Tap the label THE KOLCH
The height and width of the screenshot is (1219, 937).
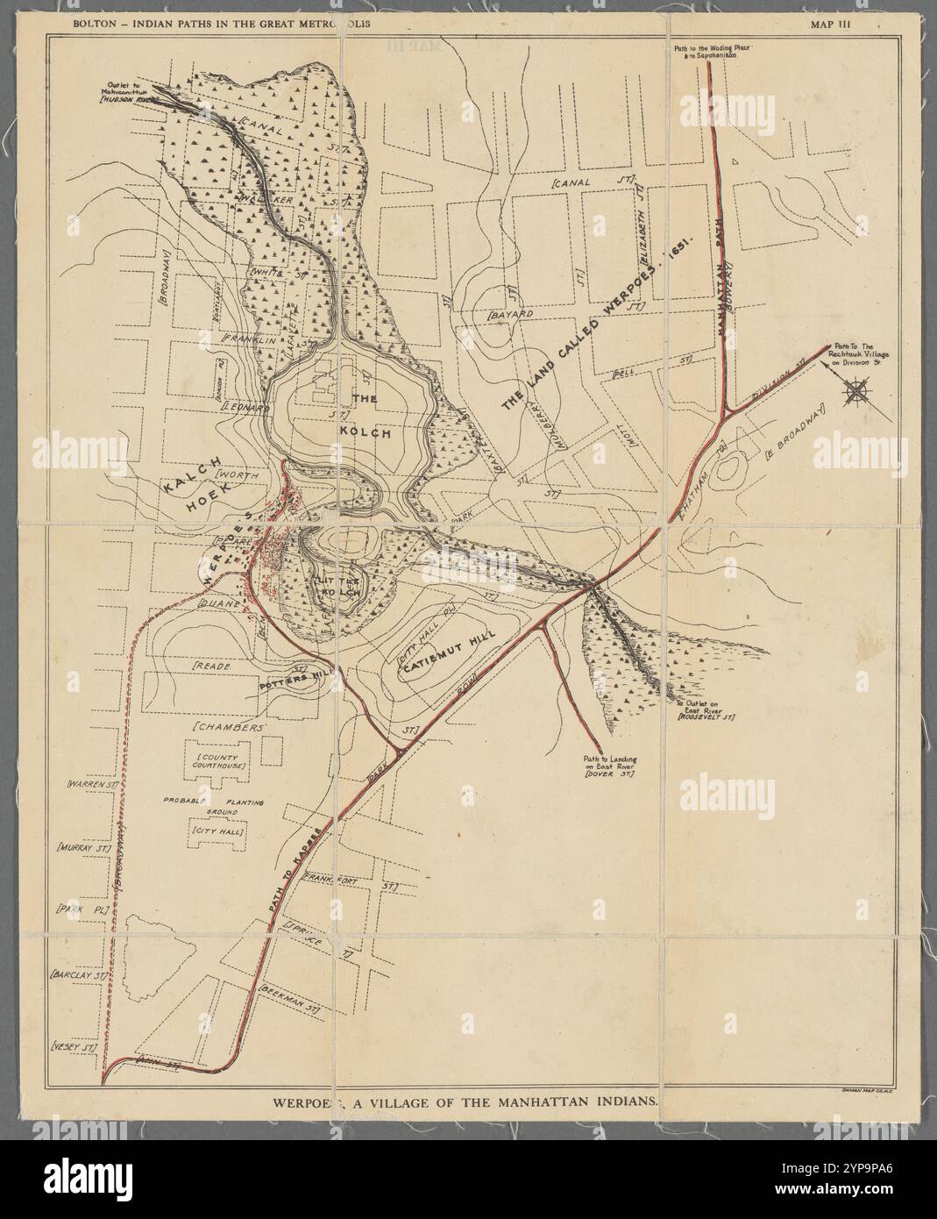tap(367, 417)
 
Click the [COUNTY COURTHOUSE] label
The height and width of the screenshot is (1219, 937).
tap(219, 759)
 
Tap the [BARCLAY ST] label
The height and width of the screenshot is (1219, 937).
tap(79, 974)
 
